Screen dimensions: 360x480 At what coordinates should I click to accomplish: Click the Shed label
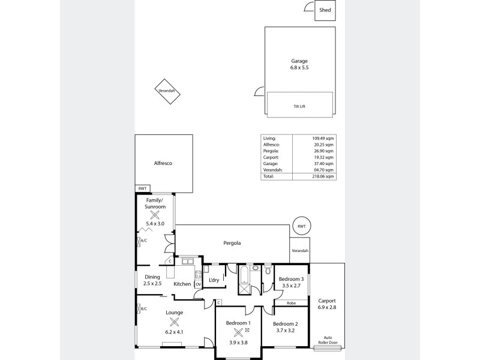point(325,11)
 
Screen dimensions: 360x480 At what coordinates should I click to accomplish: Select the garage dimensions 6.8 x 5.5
point(299,68)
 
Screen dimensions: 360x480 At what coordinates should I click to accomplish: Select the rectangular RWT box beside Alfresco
point(142,188)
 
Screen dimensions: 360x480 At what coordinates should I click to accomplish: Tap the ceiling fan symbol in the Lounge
point(174,322)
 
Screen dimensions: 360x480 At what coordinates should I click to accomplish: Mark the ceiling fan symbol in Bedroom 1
point(239,332)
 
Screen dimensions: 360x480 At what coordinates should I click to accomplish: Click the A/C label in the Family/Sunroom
point(143,241)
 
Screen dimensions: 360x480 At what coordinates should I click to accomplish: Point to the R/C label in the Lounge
point(143,309)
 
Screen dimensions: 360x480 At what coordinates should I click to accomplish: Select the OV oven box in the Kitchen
point(197,284)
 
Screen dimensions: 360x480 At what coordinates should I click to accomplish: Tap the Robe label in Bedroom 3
point(291,303)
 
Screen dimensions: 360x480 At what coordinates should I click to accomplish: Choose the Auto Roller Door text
point(327,340)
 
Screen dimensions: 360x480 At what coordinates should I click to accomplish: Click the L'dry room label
point(213,280)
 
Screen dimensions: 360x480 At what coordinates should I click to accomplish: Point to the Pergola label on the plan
point(232,244)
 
